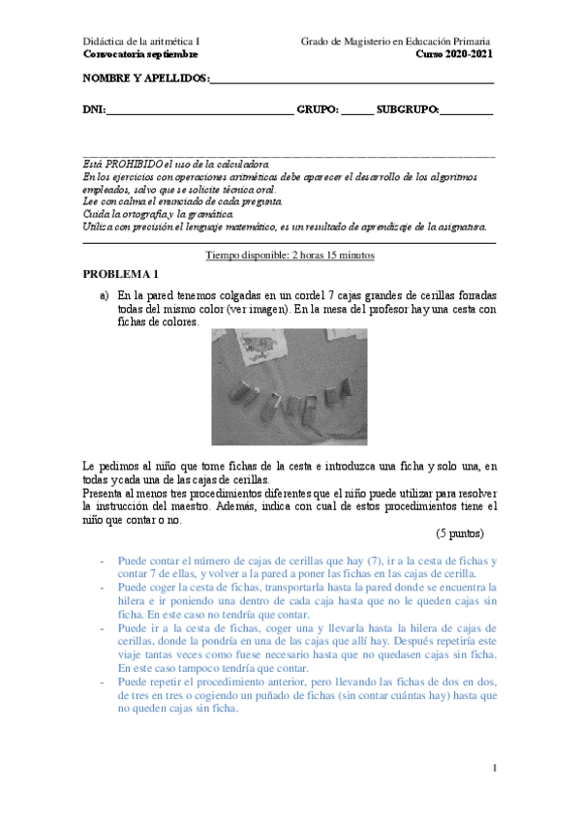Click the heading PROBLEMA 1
point(119,274)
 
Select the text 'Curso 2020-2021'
point(454,54)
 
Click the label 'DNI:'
point(95,110)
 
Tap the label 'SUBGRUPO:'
point(407,110)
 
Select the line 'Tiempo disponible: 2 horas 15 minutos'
point(290,255)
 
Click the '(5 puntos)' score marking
point(459,532)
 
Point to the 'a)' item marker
point(104,295)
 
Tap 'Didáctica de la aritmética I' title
point(141,42)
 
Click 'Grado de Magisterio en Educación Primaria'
point(396,42)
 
